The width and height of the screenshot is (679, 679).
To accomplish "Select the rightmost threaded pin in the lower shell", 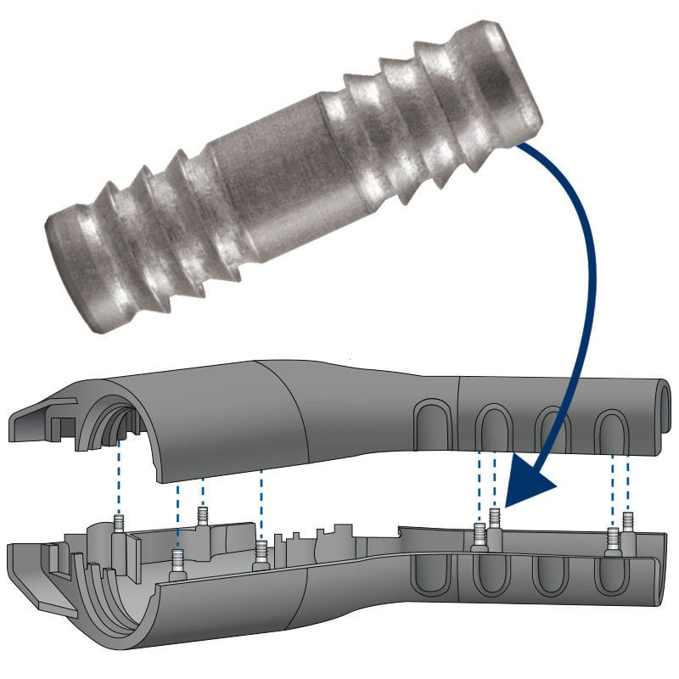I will coord(628,521).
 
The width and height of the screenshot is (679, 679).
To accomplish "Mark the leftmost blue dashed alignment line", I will coord(120,475).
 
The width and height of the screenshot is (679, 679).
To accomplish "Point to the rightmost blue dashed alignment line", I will coord(628,484).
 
